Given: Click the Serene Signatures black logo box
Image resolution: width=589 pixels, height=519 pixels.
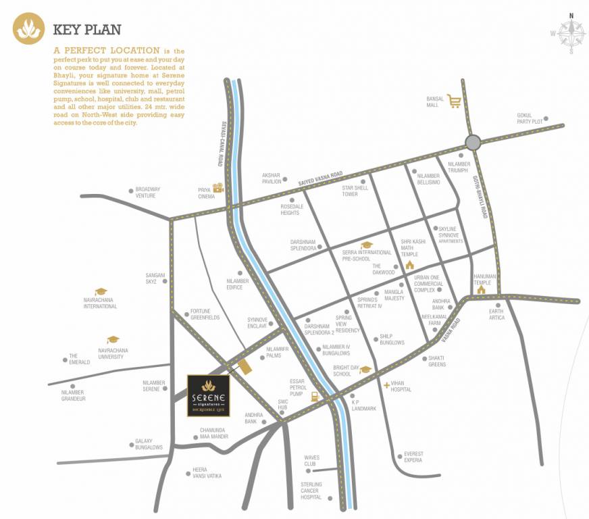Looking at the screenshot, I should point(209,396).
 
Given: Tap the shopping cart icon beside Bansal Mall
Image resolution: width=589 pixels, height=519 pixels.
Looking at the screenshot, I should point(454,101).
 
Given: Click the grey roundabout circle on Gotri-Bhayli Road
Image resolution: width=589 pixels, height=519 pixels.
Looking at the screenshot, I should point(473,142).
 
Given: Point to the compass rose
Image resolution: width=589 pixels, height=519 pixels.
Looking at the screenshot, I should point(571,32).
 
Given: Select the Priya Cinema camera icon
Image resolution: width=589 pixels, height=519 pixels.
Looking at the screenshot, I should point(218,189).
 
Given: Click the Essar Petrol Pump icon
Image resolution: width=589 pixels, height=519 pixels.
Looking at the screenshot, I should point(314,397).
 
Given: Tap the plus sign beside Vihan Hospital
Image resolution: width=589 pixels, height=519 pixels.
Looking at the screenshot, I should point(386,385).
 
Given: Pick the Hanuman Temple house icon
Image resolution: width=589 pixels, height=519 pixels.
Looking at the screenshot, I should point(481,290).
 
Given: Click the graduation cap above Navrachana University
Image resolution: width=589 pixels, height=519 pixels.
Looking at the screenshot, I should point(113,340).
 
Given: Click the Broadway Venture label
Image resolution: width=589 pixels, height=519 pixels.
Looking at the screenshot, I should point(148,193).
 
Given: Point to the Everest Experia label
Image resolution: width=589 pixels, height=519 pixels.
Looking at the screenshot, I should point(413,457).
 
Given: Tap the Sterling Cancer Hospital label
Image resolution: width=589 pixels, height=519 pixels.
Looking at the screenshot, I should point(311,491).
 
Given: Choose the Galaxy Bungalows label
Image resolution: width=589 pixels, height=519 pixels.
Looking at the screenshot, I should point(149,444).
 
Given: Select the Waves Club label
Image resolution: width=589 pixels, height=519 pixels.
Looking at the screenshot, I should point(310,461).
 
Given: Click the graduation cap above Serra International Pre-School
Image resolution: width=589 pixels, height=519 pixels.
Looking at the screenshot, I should point(367,245).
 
